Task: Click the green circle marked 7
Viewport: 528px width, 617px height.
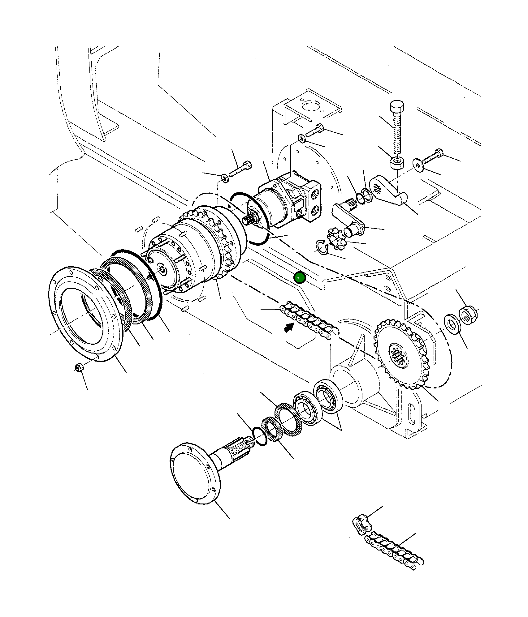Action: tap(300, 278)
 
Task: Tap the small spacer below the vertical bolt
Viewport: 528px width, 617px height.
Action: tap(397, 162)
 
